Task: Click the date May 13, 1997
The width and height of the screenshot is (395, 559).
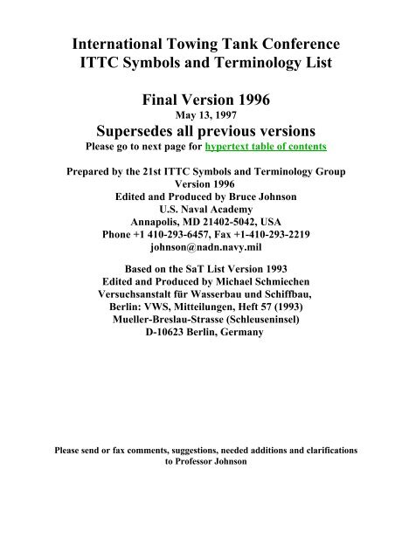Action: [197, 112]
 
